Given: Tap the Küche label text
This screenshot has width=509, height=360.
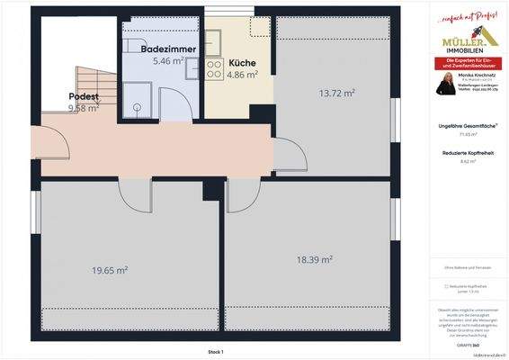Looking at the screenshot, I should tap(242, 63).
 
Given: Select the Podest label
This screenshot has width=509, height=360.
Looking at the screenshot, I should tap(83, 96).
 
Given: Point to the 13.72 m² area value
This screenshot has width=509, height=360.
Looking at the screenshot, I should tap(336, 93).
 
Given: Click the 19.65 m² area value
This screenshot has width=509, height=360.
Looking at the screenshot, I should tap(109, 269).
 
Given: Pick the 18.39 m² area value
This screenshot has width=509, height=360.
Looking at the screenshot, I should tap(315, 259).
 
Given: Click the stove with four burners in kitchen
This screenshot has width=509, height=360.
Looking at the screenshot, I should tap(215, 70).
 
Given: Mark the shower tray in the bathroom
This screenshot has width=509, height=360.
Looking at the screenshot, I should tap(138, 97).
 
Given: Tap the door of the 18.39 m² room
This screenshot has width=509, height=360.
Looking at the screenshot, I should tap(242, 193).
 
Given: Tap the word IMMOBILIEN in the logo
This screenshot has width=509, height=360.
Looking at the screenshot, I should tap(467, 50).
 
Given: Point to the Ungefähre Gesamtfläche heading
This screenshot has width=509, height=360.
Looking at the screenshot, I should tap(466, 125).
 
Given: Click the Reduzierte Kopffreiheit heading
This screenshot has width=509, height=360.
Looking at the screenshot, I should tap(466, 154).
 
